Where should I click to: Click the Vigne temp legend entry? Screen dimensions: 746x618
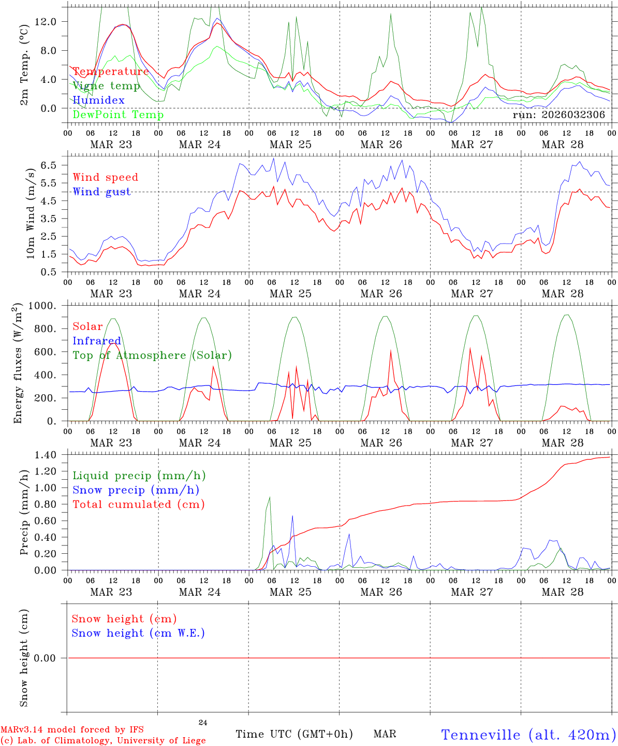[106, 86]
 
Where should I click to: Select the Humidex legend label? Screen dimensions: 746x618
[98, 101]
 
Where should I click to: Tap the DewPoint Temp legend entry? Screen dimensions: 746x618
[118, 115]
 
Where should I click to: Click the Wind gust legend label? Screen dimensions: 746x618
[101, 192]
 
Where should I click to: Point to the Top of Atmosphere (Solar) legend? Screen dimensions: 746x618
[152, 355]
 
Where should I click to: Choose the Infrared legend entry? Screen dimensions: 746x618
[97, 341]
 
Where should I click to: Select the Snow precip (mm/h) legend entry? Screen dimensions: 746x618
[136, 490]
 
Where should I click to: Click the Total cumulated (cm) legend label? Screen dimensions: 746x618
[138, 505]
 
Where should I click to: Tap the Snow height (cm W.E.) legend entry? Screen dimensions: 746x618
[138, 633]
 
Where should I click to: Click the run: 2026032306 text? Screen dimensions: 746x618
[558, 115]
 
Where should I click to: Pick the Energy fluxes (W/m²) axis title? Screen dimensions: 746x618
[19, 363]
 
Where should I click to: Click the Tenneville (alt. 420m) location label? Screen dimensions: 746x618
[528, 735]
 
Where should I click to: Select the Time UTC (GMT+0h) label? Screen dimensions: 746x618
[294, 734]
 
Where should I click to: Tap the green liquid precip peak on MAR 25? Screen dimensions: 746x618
[269, 497]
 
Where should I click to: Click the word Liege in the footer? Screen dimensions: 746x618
[192, 741]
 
